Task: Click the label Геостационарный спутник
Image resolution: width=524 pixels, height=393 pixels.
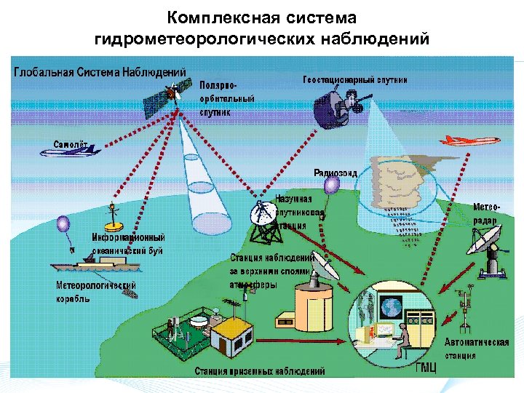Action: [354, 79]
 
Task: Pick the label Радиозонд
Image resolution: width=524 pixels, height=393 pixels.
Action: [335, 172]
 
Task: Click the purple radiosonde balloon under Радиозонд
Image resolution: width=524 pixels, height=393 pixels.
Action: [331, 186]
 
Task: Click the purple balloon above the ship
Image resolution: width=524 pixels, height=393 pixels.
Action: [63, 224]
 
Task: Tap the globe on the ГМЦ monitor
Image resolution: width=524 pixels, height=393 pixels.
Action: [392, 304]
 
